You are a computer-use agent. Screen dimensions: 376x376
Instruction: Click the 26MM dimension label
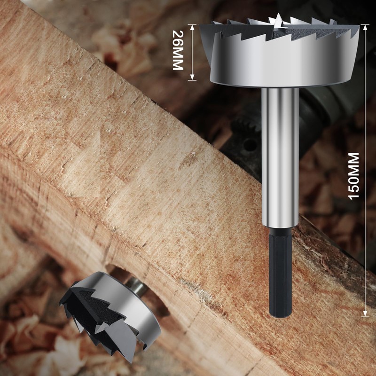pos(177,50)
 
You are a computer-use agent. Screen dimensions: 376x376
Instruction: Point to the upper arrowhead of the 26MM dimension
pos(192,27)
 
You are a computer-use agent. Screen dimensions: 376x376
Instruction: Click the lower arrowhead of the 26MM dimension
pos(192,78)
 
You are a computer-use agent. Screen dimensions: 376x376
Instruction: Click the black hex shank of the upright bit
pos(280,273)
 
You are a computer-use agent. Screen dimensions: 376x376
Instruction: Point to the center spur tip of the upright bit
pos(278,19)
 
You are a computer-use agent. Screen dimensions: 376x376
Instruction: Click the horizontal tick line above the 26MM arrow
pos(192,24)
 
